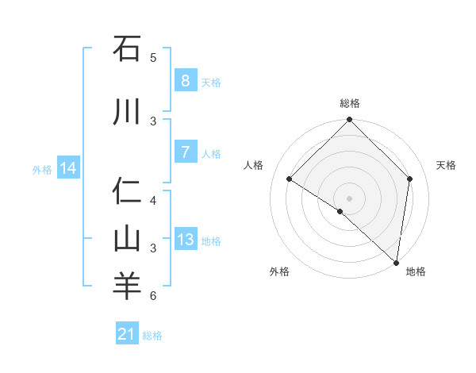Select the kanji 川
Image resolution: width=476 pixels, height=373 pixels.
pos(127,113)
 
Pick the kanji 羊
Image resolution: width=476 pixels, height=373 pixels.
pos(127,286)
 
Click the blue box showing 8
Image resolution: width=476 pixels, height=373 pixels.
pos(185,80)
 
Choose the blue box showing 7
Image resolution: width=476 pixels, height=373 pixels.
pos(185,152)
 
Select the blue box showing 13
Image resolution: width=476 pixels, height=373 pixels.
pos(185,240)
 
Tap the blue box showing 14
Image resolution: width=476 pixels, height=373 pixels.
pos(67,168)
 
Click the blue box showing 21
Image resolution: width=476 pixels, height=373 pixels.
pos(126,334)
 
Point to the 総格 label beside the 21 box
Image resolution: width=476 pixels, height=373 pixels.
pos(152,336)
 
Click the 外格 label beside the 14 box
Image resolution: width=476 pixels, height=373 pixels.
pos(42,169)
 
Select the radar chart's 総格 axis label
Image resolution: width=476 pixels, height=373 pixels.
pos(349,103)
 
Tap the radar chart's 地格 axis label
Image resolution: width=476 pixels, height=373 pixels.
pos(416,271)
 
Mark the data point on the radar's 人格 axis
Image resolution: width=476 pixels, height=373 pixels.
pos(290,179)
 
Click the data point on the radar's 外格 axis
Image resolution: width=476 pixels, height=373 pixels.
pos(340,211)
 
